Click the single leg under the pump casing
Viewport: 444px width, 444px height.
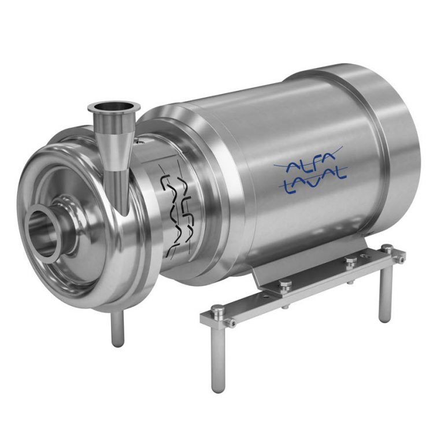click(x=118, y=330)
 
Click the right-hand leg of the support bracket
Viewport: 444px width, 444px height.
click(x=385, y=295)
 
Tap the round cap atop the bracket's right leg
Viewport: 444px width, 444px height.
click(x=387, y=249)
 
